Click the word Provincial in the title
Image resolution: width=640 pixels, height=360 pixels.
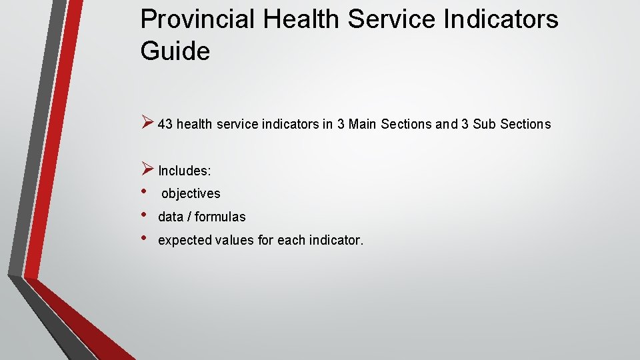[x=197, y=20]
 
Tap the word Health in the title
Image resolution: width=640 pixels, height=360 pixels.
[x=302, y=20]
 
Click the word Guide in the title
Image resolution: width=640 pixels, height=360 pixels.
[x=175, y=51]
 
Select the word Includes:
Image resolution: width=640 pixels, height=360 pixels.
[x=185, y=171]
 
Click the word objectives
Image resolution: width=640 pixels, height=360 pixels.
[x=191, y=194]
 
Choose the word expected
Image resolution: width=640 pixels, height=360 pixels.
[x=185, y=241]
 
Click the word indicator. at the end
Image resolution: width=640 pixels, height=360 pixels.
[x=336, y=240]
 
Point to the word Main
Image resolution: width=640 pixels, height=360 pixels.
[x=363, y=125]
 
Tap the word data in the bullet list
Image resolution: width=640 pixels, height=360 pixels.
[x=170, y=217]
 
